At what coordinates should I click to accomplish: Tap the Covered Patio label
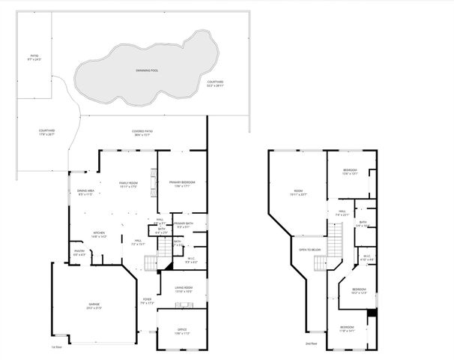tap(142, 133)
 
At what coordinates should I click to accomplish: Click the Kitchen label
tap(99, 234)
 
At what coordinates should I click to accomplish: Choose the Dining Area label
tap(85, 192)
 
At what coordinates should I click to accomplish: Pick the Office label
tap(182, 330)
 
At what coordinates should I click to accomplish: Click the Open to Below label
tap(310, 250)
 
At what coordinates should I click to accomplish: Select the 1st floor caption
tap(56, 347)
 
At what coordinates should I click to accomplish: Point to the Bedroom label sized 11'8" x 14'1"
tap(346, 328)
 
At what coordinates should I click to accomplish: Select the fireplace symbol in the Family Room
tap(155, 180)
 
